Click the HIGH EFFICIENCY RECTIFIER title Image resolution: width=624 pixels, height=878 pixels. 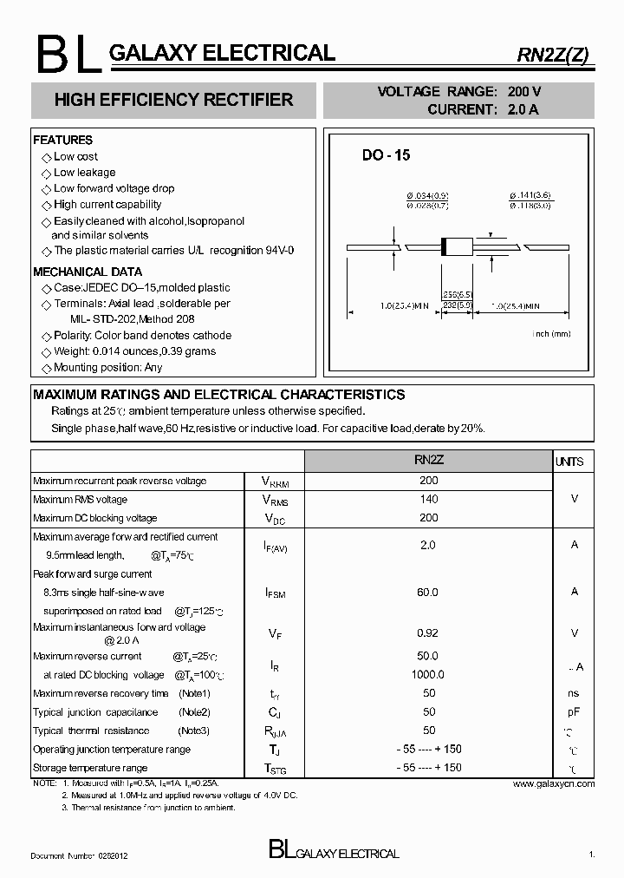pyautogui.click(x=173, y=100)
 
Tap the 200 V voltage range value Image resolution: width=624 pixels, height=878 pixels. pyautogui.click(x=524, y=92)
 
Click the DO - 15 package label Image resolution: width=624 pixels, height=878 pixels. pyautogui.click(x=386, y=155)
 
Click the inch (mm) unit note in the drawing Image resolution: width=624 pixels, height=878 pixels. pyautogui.click(x=550, y=333)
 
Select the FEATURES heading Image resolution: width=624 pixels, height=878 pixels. pyautogui.click(x=62, y=140)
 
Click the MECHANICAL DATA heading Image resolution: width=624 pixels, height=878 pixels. pyautogui.click(x=87, y=272)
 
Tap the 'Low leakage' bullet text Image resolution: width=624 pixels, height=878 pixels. pyautogui.click(x=84, y=173)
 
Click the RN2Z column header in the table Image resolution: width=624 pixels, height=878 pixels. pyautogui.click(x=428, y=461)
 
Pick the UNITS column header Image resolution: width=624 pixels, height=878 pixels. pyautogui.click(x=569, y=462)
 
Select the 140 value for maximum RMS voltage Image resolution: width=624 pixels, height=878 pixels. pyautogui.click(x=428, y=499)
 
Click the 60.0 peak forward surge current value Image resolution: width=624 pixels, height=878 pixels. pyautogui.click(x=428, y=592)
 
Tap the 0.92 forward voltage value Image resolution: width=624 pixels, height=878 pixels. pyautogui.click(x=428, y=633)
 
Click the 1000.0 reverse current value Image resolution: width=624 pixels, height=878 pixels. pyautogui.click(x=428, y=674)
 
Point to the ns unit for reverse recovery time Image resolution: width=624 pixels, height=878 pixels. pyautogui.click(x=574, y=693)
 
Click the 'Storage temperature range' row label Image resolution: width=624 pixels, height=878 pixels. pyautogui.click(x=90, y=768)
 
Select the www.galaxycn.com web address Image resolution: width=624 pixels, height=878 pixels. pyautogui.click(x=553, y=783)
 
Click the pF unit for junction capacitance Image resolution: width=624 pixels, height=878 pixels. pyautogui.click(x=574, y=712)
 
